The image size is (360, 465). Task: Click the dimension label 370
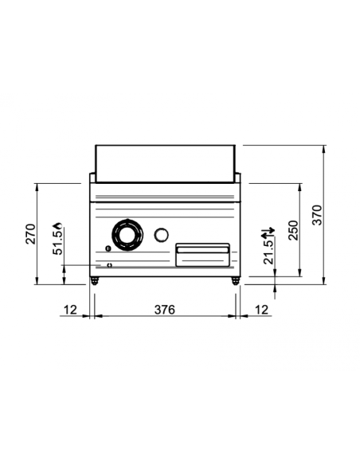click(318, 213)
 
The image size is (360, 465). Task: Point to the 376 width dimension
click(165, 309)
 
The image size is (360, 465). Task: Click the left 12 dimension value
click(72, 309)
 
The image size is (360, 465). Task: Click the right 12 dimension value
click(260, 309)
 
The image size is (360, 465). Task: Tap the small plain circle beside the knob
click(162, 233)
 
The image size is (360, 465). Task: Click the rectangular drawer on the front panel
click(205, 254)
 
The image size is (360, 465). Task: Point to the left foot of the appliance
click(96, 280)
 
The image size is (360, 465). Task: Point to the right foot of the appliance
click(235, 280)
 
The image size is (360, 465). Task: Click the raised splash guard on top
click(166, 163)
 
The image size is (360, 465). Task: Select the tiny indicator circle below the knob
click(109, 250)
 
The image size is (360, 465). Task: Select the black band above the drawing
click(180, 73)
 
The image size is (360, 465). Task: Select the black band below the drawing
click(180, 391)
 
